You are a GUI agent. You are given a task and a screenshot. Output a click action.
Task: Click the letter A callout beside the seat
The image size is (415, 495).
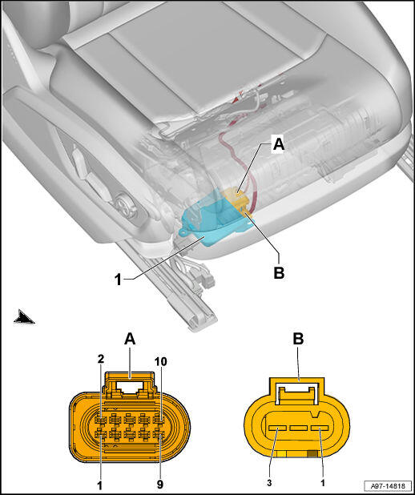pyautogui.click(x=279, y=145)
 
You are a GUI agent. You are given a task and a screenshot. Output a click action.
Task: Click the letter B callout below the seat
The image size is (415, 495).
pyautogui.click(x=279, y=272)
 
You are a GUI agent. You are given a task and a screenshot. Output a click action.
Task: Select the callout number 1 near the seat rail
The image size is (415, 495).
pyautogui.click(x=118, y=280)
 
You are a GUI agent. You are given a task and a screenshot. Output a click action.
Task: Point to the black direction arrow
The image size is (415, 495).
pyautogui.click(x=24, y=316)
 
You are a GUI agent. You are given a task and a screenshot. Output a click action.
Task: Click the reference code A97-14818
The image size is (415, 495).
pyautogui.click(x=388, y=485)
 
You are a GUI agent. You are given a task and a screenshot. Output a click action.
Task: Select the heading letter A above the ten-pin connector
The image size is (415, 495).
pyautogui.click(x=130, y=340)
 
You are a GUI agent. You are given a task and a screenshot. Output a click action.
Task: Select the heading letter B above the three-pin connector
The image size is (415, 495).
pyautogui.click(x=298, y=339)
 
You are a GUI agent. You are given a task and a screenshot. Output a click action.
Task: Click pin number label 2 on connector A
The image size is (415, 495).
pyautogui.click(x=101, y=359)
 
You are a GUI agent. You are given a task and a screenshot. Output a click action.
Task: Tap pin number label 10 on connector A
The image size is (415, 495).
pyautogui.click(x=160, y=362)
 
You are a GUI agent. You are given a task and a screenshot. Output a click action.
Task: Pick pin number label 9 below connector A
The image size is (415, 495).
pyautogui.click(x=160, y=485)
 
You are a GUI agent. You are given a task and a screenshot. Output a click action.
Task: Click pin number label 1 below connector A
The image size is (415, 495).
pyautogui.click(x=100, y=486)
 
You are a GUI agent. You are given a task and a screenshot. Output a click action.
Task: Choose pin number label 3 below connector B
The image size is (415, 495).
pyautogui.click(x=269, y=483)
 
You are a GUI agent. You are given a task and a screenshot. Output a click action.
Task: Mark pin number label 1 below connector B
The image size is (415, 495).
pyautogui.click(x=322, y=483)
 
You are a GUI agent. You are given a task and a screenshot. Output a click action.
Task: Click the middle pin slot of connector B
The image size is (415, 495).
pyautogui.click(x=299, y=428)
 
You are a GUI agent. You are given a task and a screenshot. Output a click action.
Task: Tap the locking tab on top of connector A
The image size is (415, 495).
pyautogui.click(x=130, y=384)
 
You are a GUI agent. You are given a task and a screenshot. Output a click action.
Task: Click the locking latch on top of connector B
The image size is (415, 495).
pyautogui.click(x=297, y=392)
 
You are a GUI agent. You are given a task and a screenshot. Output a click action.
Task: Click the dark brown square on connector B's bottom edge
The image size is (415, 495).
pyautogui.click(x=312, y=454)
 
